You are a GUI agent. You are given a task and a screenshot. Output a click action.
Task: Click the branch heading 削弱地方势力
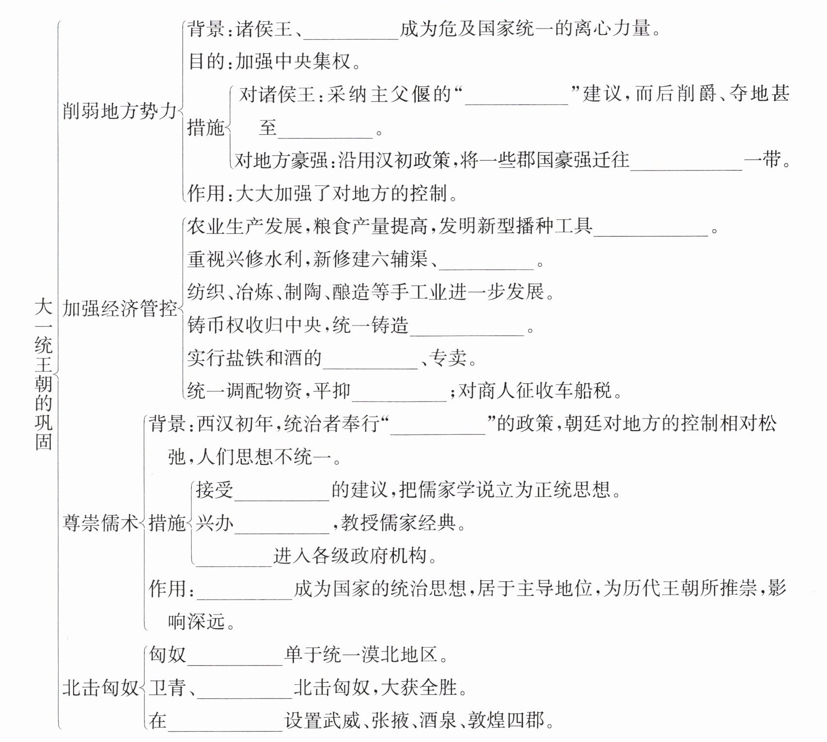pos(120,111)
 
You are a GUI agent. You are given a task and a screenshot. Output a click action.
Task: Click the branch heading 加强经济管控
pos(120,309)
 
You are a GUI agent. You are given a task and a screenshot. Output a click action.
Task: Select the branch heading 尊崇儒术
pos(100,523)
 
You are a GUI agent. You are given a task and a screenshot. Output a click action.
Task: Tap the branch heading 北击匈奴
pos(100,688)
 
